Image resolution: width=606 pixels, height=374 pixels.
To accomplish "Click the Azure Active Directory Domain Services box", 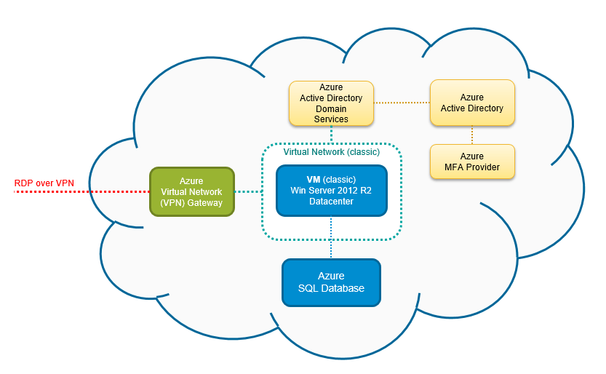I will click(331, 103).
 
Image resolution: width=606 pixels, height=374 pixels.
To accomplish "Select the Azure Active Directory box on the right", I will click(472, 103).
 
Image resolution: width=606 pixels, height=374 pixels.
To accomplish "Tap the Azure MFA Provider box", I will click(472, 162).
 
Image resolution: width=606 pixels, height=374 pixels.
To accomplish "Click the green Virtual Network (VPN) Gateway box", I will click(192, 191).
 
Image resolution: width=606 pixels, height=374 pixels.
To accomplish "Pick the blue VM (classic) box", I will click(331, 191).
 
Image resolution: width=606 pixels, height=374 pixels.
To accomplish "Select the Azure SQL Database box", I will click(331, 282).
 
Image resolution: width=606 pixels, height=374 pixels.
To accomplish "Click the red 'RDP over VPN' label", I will click(44, 182).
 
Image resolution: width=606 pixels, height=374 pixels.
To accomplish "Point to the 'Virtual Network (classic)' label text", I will click(331, 152).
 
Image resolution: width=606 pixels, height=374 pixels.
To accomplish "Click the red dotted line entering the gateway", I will click(80, 192).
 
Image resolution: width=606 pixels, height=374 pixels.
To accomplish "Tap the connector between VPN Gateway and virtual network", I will click(248, 192).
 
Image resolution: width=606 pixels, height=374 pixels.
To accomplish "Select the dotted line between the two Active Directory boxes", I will click(402, 102).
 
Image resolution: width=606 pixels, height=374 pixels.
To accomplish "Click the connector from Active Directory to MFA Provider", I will click(472, 135).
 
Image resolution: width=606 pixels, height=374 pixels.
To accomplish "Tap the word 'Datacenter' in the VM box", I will click(331, 202).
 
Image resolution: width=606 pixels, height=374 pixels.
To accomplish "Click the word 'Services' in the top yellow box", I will click(331, 119).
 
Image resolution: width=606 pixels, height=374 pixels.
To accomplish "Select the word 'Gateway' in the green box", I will click(204, 203).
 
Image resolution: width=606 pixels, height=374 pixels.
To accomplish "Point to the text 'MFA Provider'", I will click(472, 167).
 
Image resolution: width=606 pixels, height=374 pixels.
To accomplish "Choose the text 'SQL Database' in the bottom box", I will click(331, 289).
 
